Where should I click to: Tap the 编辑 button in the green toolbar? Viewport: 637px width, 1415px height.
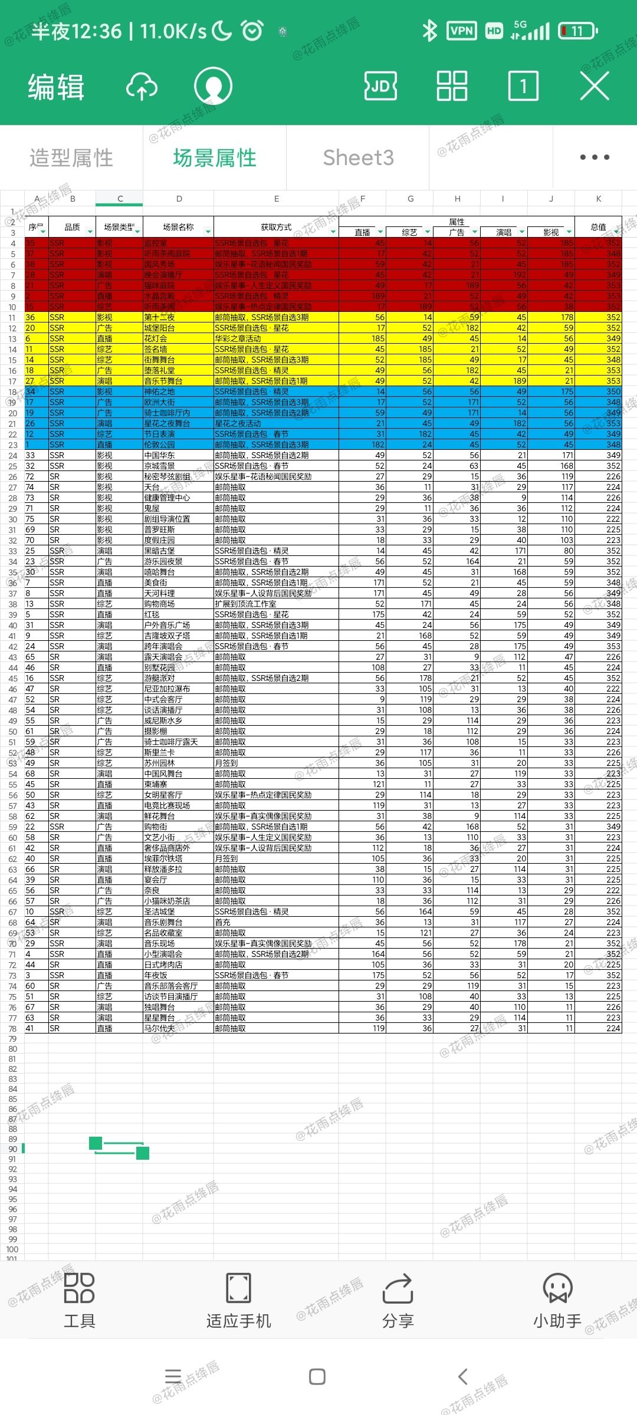[x=56, y=87]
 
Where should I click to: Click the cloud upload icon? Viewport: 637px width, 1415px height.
[x=142, y=87]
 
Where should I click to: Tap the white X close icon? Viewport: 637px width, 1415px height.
[x=594, y=87]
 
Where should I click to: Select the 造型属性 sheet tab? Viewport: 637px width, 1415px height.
[x=71, y=158]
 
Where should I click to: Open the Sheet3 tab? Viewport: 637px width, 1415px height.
[x=358, y=158]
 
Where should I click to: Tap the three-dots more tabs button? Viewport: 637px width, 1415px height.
[x=594, y=157]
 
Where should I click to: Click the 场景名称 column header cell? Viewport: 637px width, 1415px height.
[x=178, y=227]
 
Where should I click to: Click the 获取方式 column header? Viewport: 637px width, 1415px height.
[x=276, y=227]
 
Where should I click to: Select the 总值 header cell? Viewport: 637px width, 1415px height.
[x=598, y=227]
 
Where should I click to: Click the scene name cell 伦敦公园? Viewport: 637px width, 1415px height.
[x=160, y=445]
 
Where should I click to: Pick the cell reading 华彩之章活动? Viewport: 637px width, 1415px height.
[x=238, y=338]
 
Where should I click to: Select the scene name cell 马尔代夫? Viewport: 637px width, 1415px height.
[x=160, y=1028]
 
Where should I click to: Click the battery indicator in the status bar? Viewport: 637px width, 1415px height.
[x=577, y=31]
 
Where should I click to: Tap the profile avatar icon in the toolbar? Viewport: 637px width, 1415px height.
[x=213, y=87]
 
